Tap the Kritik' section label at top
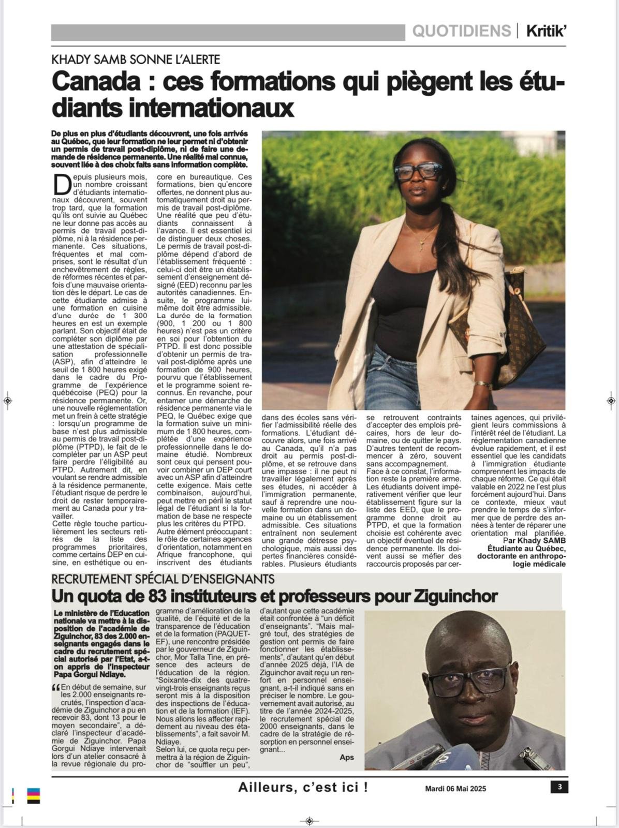(x=546, y=32)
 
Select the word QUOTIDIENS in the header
(x=461, y=32)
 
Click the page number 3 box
(x=559, y=787)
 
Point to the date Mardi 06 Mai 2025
(x=455, y=789)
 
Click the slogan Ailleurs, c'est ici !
(x=303, y=788)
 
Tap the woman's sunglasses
(x=418, y=172)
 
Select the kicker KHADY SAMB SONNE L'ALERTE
(x=136, y=60)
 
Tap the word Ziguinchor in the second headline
(x=455, y=596)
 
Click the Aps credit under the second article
(x=347, y=757)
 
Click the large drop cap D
(x=62, y=184)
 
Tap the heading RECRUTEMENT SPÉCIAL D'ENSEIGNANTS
(x=163, y=579)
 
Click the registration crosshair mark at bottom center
(x=309, y=821)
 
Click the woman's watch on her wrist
(x=483, y=385)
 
